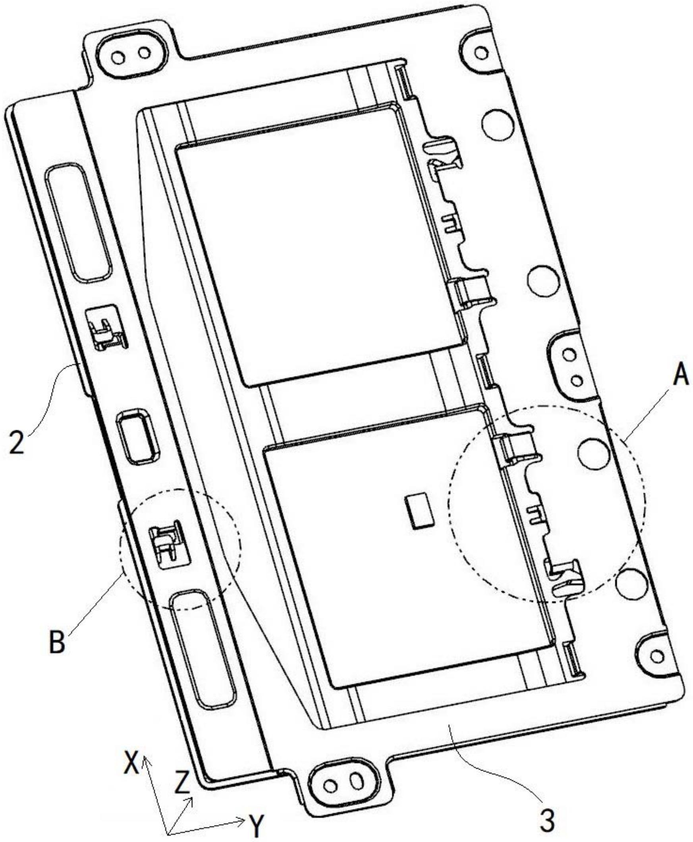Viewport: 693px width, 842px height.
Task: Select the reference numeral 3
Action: tap(548, 809)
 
